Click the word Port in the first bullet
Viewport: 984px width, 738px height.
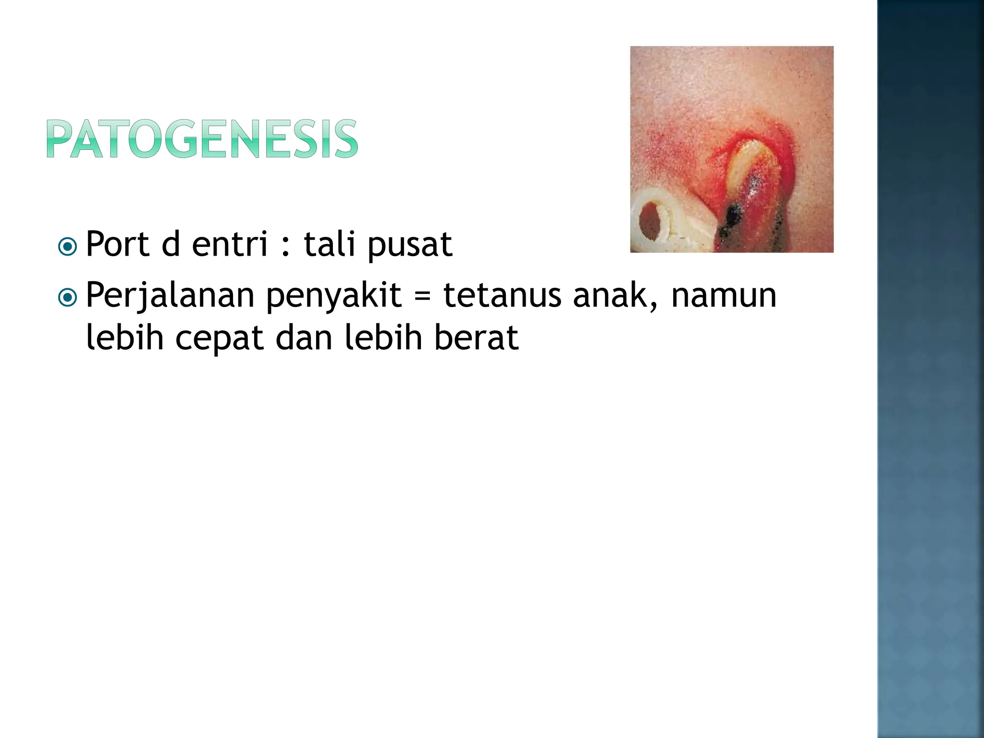point(117,245)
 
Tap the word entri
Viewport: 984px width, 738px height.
point(230,245)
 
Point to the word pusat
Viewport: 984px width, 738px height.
point(410,246)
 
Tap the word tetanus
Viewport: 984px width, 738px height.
point(502,295)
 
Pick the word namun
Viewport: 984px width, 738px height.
point(724,295)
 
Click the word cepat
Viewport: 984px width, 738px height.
point(220,339)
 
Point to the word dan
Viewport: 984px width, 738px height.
point(304,337)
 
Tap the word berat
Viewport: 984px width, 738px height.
point(476,337)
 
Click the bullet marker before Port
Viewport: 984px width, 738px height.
point(67,247)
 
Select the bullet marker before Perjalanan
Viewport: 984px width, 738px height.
point(67,298)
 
